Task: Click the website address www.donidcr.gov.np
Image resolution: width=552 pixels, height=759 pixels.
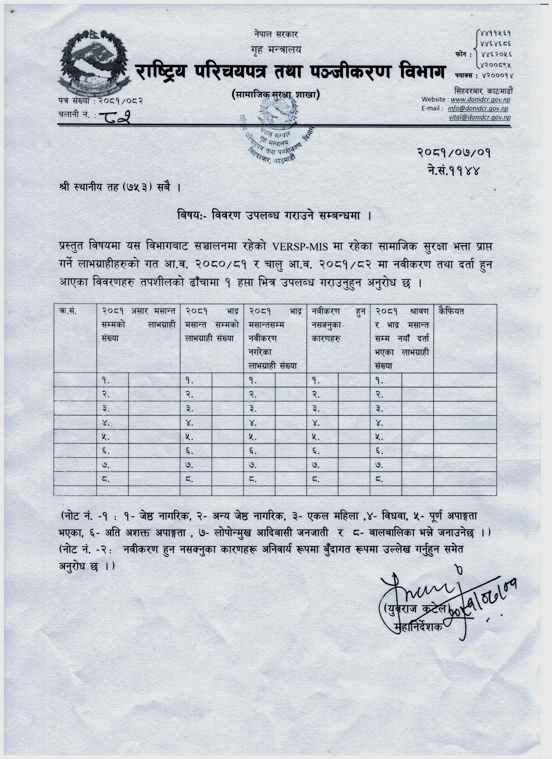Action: click(480, 99)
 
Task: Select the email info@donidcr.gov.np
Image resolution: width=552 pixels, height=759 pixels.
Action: click(478, 108)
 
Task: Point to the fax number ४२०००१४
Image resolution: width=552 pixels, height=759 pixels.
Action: click(497, 76)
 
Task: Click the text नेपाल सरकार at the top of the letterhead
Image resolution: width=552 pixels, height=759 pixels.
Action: click(276, 34)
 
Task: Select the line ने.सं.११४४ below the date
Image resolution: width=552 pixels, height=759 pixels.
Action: click(454, 171)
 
